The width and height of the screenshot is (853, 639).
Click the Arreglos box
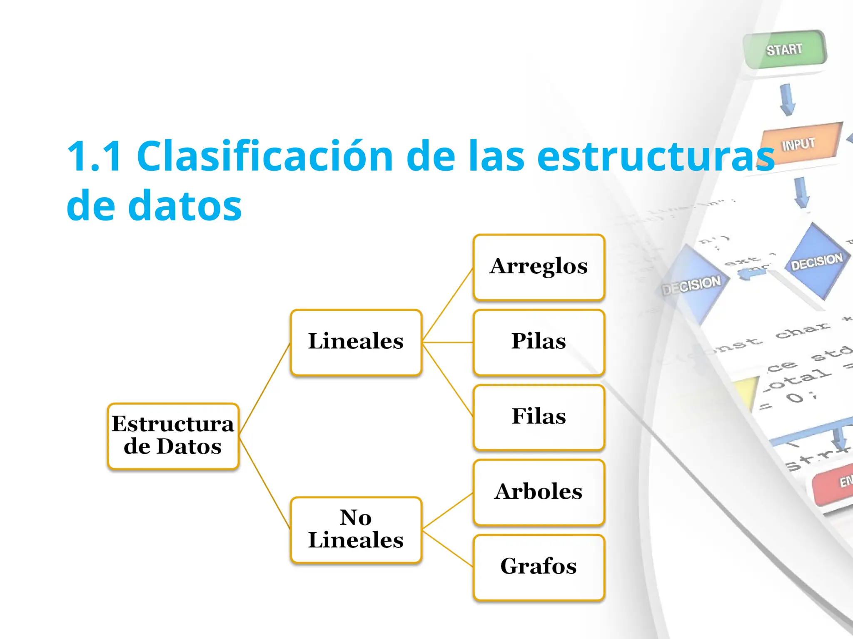[x=539, y=267]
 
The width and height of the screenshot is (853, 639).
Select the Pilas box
[x=539, y=342]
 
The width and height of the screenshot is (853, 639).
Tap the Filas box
[x=539, y=417]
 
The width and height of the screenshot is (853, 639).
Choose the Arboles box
[x=539, y=492]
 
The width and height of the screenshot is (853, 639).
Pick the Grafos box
[x=539, y=567]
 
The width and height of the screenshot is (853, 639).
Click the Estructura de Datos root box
[x=173, y=436]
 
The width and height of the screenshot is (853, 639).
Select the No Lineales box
[x=356, y=530]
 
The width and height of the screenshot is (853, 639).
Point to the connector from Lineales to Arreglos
[x=448, y=305]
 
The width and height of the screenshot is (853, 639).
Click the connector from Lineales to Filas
[x=448, y=379]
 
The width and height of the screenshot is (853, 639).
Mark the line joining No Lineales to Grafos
[x=448, y=548]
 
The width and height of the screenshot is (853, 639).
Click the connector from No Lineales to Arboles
[x=448, y=511]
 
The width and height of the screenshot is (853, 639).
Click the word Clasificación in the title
[x=264, y=156]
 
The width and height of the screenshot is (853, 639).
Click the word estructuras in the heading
[x=656, y=156]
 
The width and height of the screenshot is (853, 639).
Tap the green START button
[x=784, y=50]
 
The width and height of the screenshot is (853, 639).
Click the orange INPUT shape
[x=799, y=144]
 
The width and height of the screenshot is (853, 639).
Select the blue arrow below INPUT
[x=801, y=192]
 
